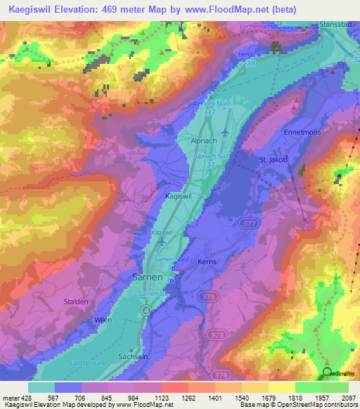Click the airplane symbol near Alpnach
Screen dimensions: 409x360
(224, 131)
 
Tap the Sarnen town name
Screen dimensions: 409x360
(148, 277)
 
